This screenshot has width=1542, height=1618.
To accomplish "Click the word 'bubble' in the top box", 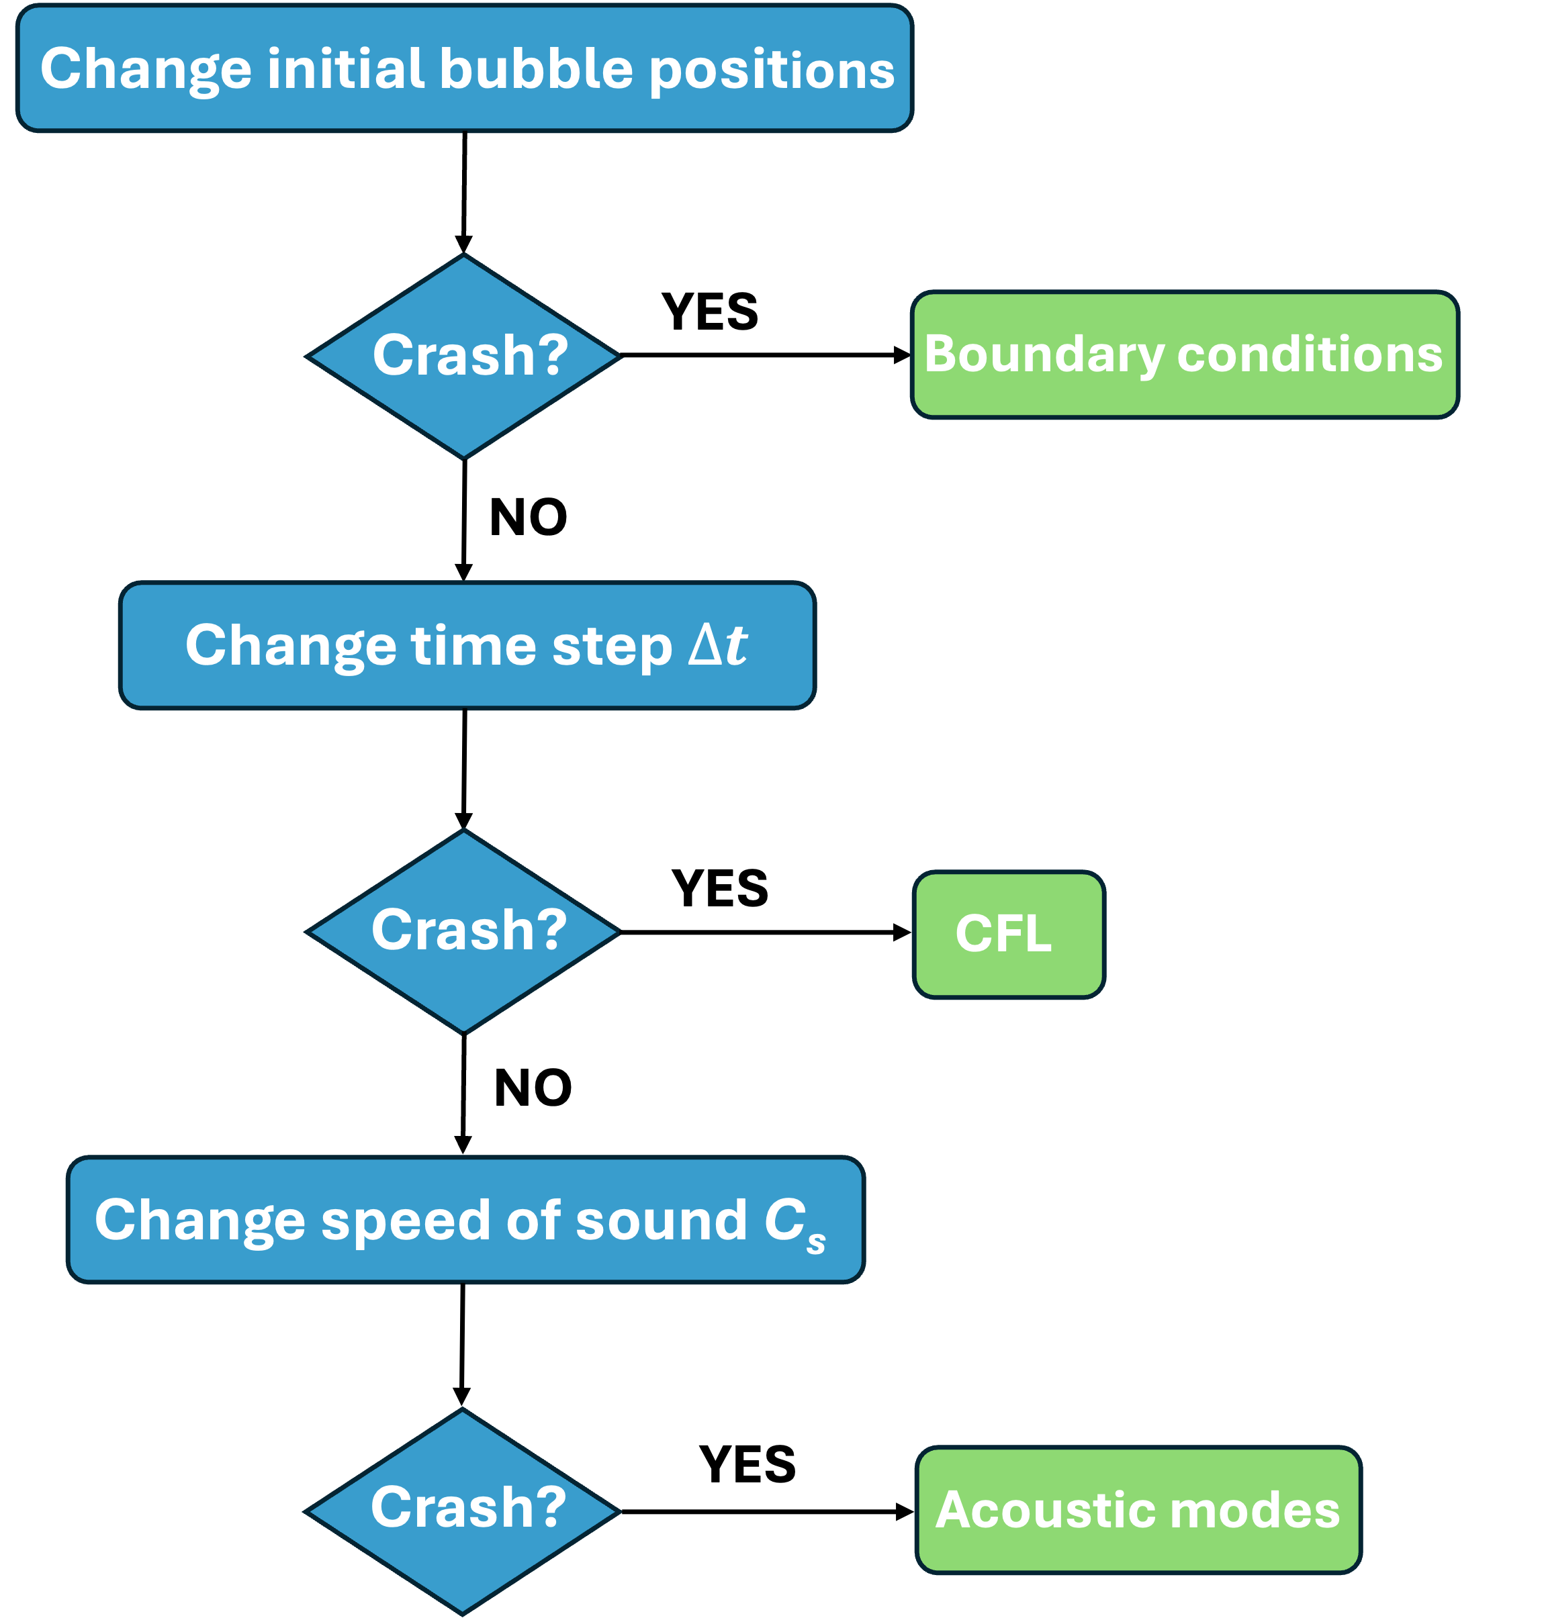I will (x=536, y=68).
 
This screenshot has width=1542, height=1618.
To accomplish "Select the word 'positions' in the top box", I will (x=771, y=70).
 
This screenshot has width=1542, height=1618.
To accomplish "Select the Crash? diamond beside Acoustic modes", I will (x=463, y=1511).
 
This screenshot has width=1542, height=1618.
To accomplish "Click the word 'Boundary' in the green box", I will (x=1044, y=354).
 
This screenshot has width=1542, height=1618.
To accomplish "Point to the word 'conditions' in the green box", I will (x=1310, y=354).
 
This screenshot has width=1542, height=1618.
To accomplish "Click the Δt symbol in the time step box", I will (x=717, y=645).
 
